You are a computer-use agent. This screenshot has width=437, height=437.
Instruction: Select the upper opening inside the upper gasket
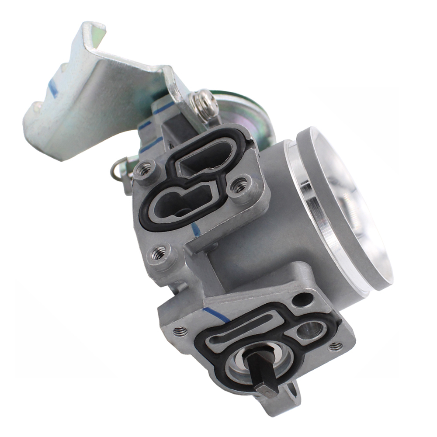[201, 160]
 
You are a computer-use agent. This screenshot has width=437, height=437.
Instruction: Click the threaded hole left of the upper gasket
[145, 168]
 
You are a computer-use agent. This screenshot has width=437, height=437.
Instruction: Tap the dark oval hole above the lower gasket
[303, 300]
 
